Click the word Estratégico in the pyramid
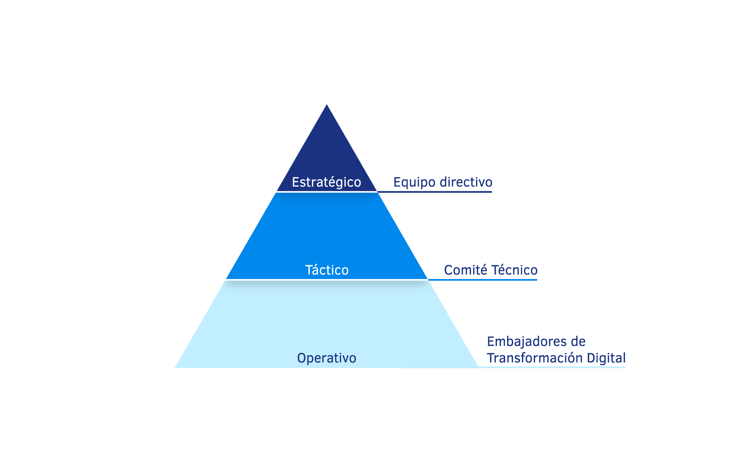click(x=326, y=182)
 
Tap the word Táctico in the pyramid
click(x=327, y=270)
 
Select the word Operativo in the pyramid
click(x=327, y=358)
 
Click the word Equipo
click(x=414, y=183)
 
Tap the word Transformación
click(x=535, y=358)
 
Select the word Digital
click(x=606, y=358)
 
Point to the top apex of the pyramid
click(x=327, y=105)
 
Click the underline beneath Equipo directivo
click(x=435, y=192)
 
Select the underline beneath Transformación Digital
click(x=551, y=367)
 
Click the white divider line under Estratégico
click(x=327, y=192)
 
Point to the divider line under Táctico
click(x=327, y=279)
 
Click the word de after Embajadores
click(x=578, y=342)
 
